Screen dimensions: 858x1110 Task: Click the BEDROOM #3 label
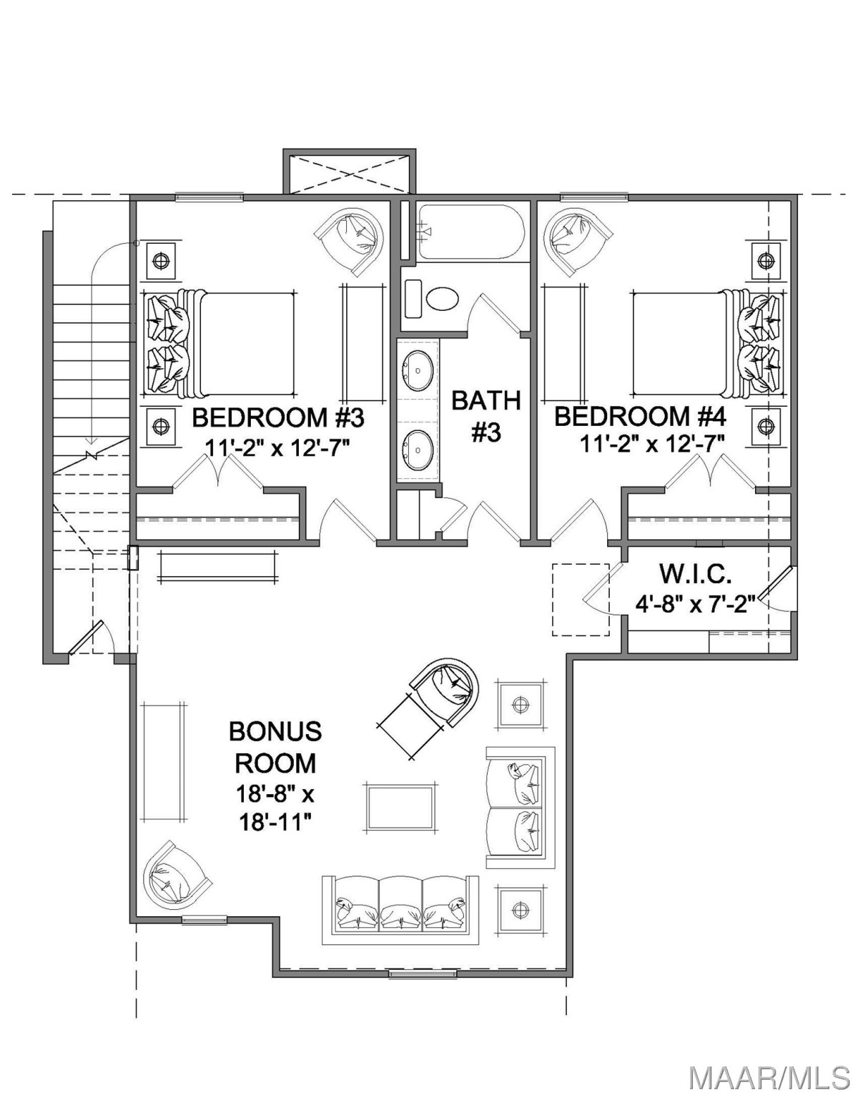tap(278, 418)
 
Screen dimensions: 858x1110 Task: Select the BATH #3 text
tap(486, 416)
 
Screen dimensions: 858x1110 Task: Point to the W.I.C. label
tap(695, 575)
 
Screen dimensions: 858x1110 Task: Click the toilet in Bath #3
tap(442, 298)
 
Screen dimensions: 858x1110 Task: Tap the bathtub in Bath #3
tap(470, 232)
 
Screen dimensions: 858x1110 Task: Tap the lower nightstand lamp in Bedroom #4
tap(765, 425)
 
